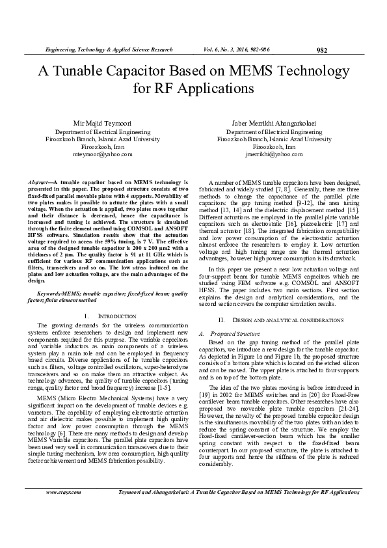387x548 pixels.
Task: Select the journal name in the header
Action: tap(107, 49)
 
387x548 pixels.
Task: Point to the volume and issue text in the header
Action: tap(242, 49)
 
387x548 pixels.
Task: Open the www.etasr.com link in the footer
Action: tap(62, 511)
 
